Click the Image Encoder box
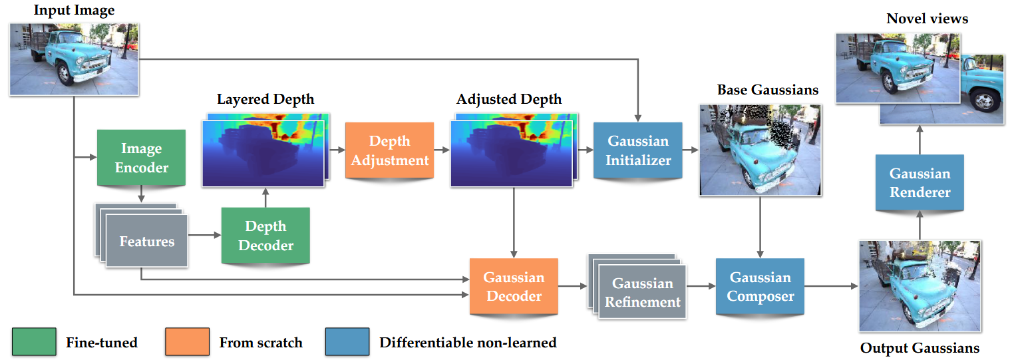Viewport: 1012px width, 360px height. (142, 158)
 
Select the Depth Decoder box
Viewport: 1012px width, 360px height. (265, 236)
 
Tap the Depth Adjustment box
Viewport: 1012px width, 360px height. (389, 150)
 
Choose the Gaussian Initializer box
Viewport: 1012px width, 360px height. (638, 150)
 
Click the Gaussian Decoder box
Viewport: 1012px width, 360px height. (514, 286)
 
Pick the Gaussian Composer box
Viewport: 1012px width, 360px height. (760, 286)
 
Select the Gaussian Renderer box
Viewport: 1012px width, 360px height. (920, 182)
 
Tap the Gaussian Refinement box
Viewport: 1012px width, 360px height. (643, 292)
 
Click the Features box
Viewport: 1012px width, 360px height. (147, 241)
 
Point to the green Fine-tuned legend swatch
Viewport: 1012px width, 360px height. (35, 342)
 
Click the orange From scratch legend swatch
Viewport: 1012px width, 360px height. (188, 342)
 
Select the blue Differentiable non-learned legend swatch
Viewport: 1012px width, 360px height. (347, 342)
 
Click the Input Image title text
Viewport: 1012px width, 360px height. (74, 11)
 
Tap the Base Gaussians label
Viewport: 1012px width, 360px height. (768, 90)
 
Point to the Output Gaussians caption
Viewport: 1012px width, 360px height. (920, 348)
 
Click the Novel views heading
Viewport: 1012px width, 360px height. (927, 19)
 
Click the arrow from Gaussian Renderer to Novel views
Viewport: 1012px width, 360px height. (920, 140)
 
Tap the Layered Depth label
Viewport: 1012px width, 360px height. (265, 99)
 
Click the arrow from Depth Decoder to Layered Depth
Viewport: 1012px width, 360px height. (265, 198)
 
